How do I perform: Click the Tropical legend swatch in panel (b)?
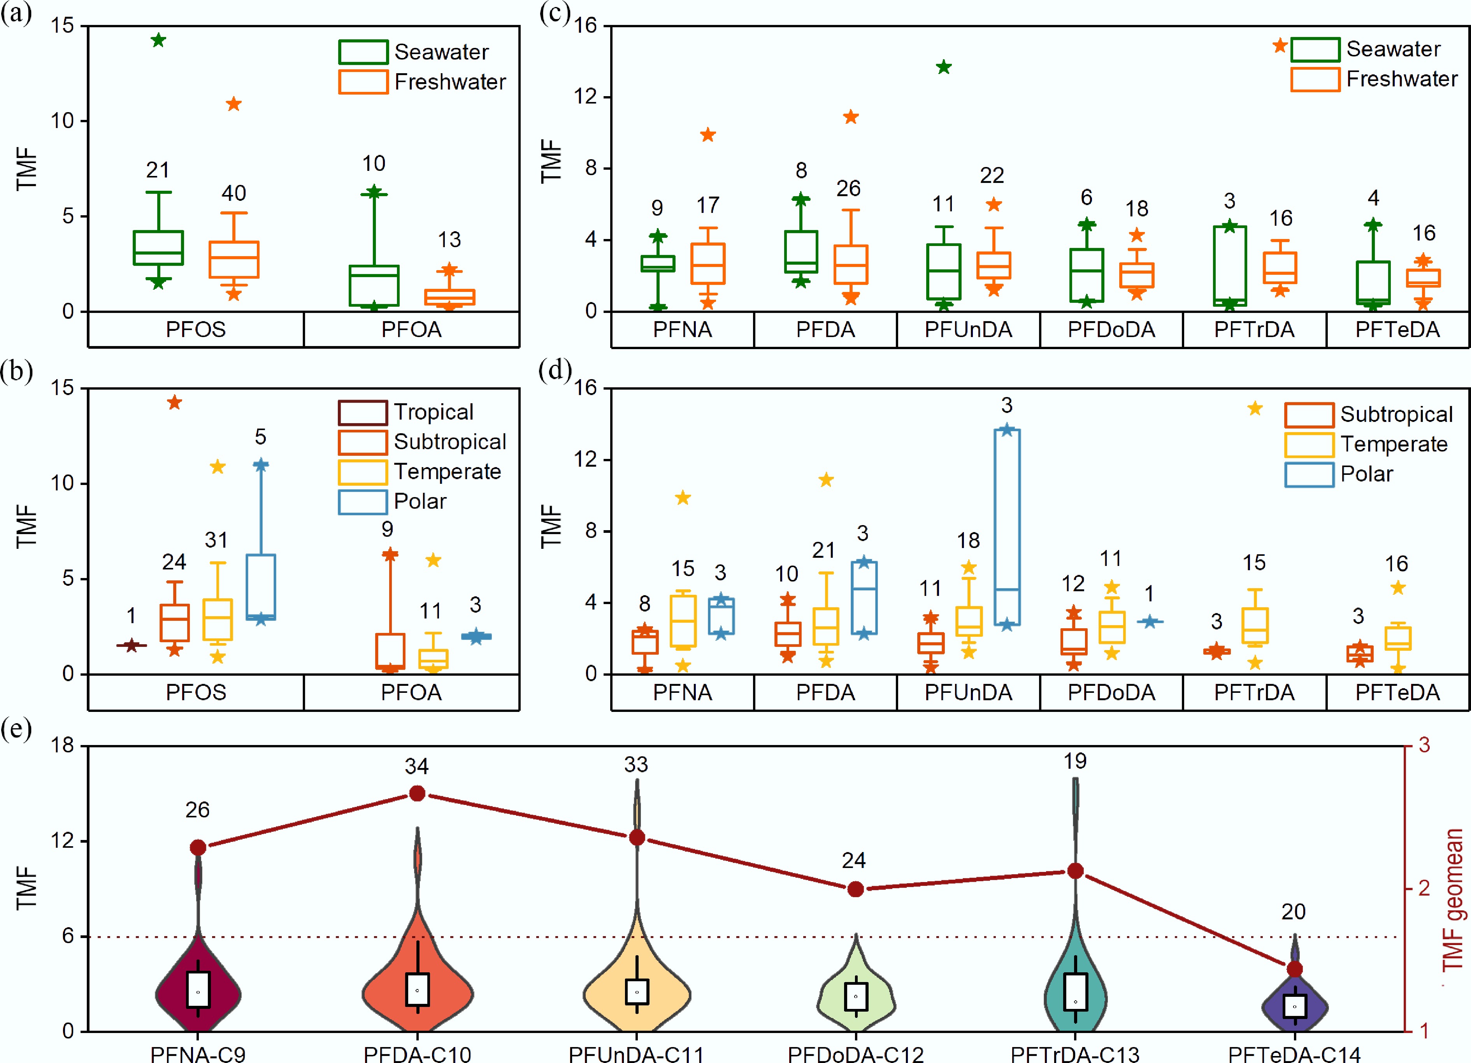pyautogui.click(x=363, y=413)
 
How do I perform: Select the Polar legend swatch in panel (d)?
pyautogui.click(x=1309, y=474)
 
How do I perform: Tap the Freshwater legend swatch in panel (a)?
pyautogui.click(x=363, y=82)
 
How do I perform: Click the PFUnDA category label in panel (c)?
pyautogui.click(x=968, y=329)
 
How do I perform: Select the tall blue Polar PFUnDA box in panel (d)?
pyautogui.click(x=1007, y=527)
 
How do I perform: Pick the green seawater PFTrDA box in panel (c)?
pyautogui.click(x=1230, y=265)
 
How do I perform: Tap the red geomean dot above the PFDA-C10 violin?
pyautogui.click(x=417, y=793)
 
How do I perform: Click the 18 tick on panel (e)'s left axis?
pyautogui.click(x=63, y=745)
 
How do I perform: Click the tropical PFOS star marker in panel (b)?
pyautogui.click(x=132, y=645)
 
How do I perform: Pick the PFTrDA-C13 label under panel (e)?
pyautogui.click(x=1075, y=1053)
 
